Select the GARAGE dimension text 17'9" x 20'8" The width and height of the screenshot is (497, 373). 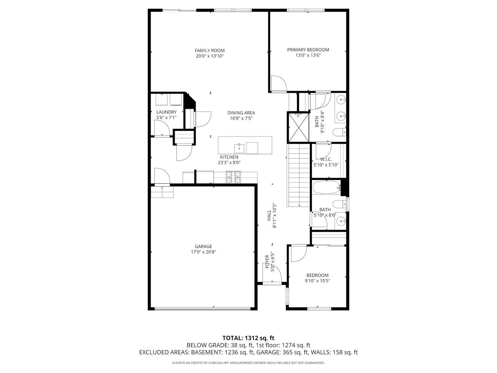pyautogui.click(x=203, y=252)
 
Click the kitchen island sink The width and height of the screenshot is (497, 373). pyautogui.click(x=239, y=148)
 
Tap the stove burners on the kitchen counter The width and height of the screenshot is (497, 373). pyautogui.click(x=233, y=177)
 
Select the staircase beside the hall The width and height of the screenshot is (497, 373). pyautogui.click(x=299, y=175)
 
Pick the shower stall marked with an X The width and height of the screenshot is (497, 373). pyautogui.click(x=298, y=127)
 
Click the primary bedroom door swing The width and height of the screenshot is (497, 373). pyautogui.click(x=278, y=83)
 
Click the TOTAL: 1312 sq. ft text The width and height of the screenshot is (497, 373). pyautogui.click(x=248, y=338)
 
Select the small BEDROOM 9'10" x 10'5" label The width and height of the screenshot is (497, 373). pyautogui.click(x=317, y=278)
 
